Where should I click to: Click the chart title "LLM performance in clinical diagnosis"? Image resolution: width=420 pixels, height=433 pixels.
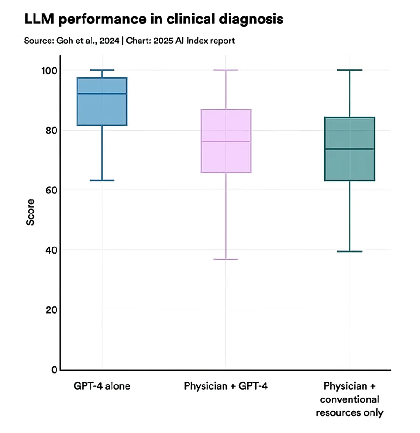click(x=154, y=19)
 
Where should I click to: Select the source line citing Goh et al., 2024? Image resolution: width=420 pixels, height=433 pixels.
click(x=129, y=41)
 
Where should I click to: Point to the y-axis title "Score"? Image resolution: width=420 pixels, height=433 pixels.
click(x=30, y=213)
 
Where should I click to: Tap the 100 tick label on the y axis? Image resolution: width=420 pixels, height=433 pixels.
click(x=48, y=70)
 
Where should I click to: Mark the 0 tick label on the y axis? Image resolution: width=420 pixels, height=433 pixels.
click(x=53, y=370)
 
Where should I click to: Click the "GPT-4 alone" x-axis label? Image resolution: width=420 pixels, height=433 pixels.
click(x=102, y=386)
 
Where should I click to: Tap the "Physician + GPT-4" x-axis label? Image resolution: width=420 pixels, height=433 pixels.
click(x=226, y=386)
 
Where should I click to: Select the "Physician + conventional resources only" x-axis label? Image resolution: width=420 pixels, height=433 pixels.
click(x=350, y=399)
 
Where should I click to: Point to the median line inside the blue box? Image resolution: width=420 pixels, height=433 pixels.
click(x=102, y=94)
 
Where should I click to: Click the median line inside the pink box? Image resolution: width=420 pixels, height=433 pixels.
click(x=226, y=141)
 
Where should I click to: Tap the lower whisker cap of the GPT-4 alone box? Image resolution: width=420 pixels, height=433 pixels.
click(x=102, y=180)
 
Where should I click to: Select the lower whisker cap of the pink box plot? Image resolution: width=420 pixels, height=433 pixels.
click(x=226, y=259)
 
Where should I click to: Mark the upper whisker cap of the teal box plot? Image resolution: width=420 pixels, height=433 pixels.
click(x=350, y=70)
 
